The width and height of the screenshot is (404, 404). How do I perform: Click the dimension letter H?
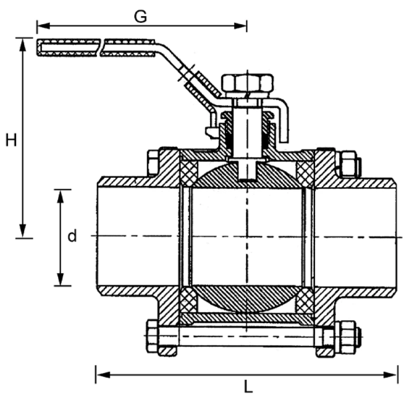coord(11,139)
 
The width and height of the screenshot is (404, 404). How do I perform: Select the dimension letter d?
coord(72,236)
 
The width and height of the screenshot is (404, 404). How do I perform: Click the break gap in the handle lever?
coord(99,47)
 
